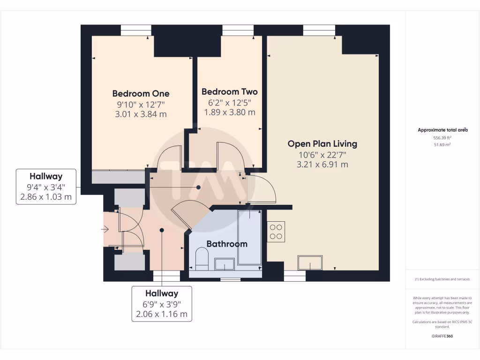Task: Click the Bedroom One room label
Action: coord(141,94)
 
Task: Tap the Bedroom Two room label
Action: coord(229,92)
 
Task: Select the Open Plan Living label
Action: coord(322,144)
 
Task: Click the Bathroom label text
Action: coord(227,244)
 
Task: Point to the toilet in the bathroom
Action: coord(202,260)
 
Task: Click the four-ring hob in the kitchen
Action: coord(276,232)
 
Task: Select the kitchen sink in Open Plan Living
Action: coord(310,262)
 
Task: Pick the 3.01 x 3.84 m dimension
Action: coord(141,114)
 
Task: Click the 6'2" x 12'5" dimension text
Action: coord(229,102)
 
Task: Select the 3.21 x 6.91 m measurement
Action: coord(322,165)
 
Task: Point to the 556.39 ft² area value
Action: coord(442,138)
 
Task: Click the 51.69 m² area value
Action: coord(442,145)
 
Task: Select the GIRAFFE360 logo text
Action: coord(442,336)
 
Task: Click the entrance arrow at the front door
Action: coord(105,229)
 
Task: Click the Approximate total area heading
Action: coord(442,130)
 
